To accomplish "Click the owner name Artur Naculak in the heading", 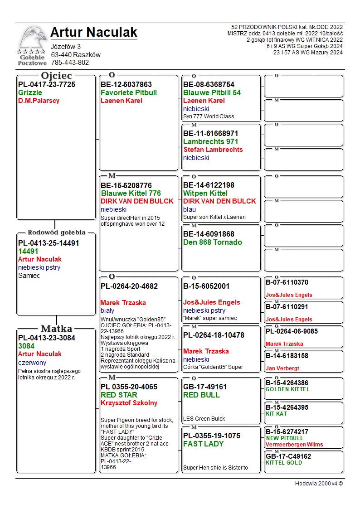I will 94,33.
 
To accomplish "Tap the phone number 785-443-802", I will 70,63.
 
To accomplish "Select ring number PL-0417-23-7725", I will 47,85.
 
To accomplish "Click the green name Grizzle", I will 30,93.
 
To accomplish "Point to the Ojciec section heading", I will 56,76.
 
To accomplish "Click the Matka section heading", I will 56,329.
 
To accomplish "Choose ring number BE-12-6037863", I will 126,85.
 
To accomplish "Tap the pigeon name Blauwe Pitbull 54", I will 212,93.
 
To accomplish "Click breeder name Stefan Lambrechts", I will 213,150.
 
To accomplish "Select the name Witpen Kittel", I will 205,194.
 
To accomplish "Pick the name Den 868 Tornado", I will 212,242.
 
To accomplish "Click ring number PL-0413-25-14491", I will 49,243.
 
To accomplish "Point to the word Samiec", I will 29,276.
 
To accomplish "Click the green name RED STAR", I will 119,395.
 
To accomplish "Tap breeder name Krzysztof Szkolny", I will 129,403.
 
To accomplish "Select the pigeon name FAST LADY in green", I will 203,444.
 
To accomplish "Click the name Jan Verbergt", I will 282,368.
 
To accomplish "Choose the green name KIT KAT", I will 276,414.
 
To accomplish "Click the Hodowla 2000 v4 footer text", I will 319,484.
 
